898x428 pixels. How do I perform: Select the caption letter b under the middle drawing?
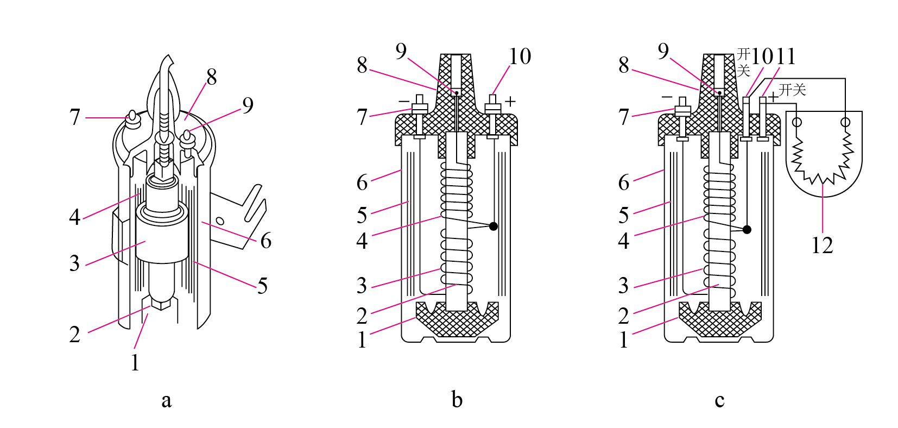tap(457, 399)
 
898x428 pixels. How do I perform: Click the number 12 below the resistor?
tap(822, 245)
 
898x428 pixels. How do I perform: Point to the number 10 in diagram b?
tap(520, 56)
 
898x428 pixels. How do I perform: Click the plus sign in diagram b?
tap(510, 102)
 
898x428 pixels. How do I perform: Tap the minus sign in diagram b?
tap(404, 101)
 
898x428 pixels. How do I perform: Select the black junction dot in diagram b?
tap(494, 226)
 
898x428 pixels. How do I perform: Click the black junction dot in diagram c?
tap(747, 229)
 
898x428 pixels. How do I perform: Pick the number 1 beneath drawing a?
tap(135, 363)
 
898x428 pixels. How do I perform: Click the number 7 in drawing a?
tap(74, 117)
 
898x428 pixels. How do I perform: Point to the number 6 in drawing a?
tap(265, 241)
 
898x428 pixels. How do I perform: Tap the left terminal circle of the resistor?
tap(796, 122)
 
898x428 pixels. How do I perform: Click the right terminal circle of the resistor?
tap(845, 122)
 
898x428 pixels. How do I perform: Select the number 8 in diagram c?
tap(623, 65)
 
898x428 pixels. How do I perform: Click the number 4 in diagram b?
tap(362, 241)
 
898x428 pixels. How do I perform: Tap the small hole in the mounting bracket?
tap(220, 221)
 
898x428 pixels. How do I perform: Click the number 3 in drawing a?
tap(74, 263)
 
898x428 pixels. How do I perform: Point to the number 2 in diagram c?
tap(623, 316)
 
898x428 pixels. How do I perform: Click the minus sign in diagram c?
tap(667, 97)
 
